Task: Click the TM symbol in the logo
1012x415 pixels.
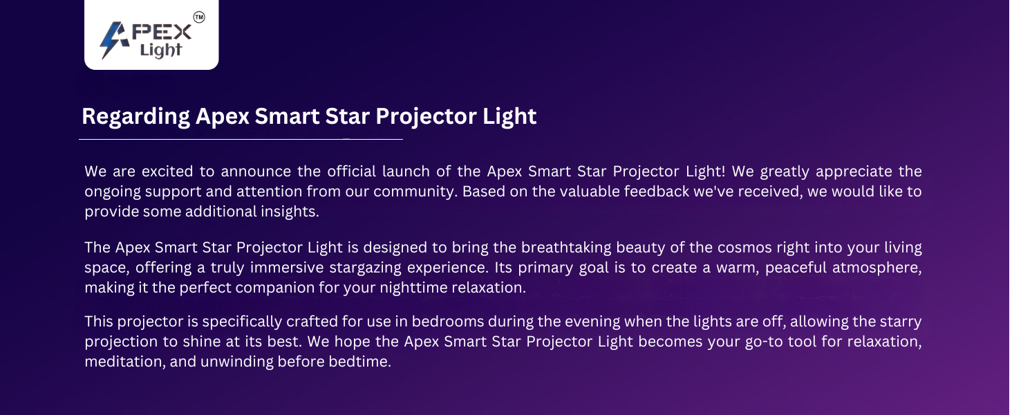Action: [x=199, y=17]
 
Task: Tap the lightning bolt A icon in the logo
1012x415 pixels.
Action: [x=114, y=40]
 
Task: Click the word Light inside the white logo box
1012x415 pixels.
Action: [x=161, y=50]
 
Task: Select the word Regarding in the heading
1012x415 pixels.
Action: [x=135, y=117]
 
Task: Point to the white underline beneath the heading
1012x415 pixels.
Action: [x=241, y=139]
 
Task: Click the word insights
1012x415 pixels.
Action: [x=290, y=212]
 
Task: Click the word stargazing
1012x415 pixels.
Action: [x=365, y=268]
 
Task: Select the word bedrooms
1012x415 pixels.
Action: [x=448, y=322]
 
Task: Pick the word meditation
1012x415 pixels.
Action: [x=125, y=362]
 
